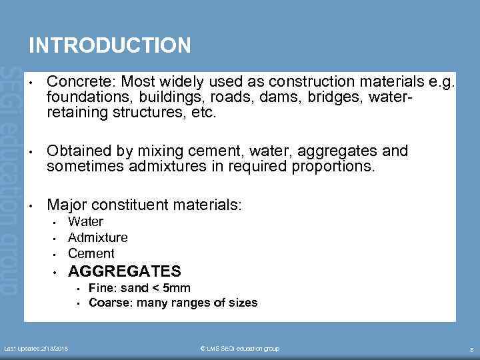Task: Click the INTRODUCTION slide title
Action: click(x=109, y=45)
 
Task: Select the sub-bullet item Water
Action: click(x=85, y=221)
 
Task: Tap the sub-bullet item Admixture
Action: click(x=97, y=237)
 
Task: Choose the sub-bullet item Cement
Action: click(x=91, y=253)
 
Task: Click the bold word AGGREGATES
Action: click(x=124, y=271)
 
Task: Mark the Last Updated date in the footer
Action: click(x=40, y=349)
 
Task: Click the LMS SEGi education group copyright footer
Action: click(x=239, y=349)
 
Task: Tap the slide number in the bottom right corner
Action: click(x=471, y=349)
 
